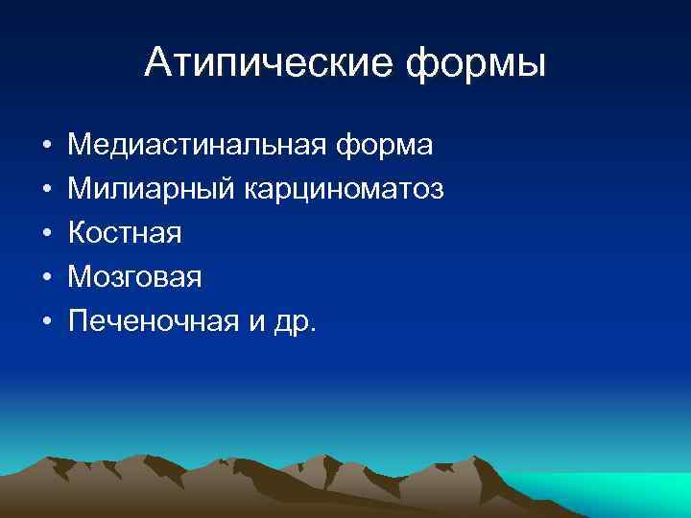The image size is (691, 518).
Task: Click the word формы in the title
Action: pos(476,65)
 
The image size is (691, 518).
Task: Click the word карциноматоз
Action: pos(335,191)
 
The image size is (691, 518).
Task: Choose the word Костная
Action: pos(125,234)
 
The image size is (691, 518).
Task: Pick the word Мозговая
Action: pos(135,278)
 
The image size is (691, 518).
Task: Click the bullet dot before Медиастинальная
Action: pos(46,147)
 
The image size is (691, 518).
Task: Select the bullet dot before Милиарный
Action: pos(46,191)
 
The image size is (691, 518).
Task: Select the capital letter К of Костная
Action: pos(78,234)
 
